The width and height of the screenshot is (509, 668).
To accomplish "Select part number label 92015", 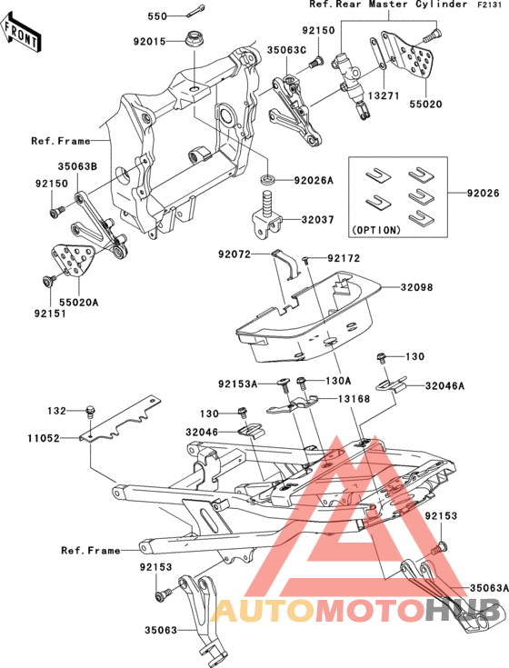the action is click(x=149, y=41).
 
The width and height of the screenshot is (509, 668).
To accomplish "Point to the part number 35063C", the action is click(x=286, y=50).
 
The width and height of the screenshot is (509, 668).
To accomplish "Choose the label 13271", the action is click(x=384, y=95).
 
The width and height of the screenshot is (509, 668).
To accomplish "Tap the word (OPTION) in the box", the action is click(x=375, y=230).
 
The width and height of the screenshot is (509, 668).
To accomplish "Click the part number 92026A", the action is click(x=314, y=181).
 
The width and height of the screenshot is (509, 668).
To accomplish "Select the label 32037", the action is click(x=318, y=220).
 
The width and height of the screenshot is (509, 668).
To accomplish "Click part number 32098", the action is click(x=416, y=287).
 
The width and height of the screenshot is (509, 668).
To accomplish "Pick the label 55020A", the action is click(x=78, y=303).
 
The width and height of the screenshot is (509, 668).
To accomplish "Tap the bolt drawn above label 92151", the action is click(x=47, y=282).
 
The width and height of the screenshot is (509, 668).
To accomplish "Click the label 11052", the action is click(x=44, y=438).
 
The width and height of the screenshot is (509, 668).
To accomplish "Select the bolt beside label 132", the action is click(x=90, y=411).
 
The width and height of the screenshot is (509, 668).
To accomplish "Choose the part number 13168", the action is click(x=354, y=399).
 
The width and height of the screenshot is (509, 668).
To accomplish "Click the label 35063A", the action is click(x=489, y=588).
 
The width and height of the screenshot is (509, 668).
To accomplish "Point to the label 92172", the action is click(x=344, y=258).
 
